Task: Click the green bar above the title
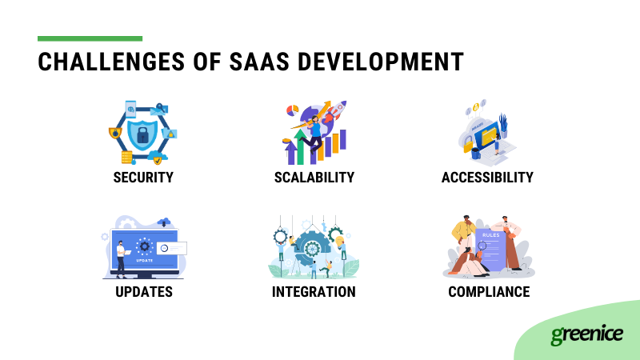(90, 38)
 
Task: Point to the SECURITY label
(142, 177)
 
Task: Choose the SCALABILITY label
(314, 177)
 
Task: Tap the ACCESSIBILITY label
(487, 177)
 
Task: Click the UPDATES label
(143, 291)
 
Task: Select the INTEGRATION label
(314, 291)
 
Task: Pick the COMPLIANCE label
(489, 291)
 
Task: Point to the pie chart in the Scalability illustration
(293, 109)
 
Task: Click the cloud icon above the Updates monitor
(165, 222)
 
